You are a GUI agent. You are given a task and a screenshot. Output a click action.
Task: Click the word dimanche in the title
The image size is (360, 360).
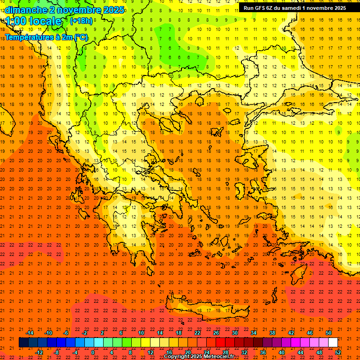26,10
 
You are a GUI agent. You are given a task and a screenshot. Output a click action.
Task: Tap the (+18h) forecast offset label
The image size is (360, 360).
81,21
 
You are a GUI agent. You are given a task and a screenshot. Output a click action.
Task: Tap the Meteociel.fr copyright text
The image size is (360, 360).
199,357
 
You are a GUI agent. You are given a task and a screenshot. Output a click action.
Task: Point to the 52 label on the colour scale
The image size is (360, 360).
338,352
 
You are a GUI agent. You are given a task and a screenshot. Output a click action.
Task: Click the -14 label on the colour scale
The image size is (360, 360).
29,333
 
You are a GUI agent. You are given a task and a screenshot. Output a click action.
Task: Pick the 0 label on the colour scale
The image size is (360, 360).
93,352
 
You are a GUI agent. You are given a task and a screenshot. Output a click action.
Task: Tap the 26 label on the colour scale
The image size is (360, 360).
216,333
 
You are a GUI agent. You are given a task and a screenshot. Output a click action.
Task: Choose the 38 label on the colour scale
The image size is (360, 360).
272,333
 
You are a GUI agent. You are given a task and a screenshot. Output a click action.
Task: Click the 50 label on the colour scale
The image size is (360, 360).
328,333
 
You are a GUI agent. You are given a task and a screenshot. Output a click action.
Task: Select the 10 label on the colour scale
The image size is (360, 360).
141,333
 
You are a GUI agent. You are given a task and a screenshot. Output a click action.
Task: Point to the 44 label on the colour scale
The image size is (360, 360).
300,352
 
